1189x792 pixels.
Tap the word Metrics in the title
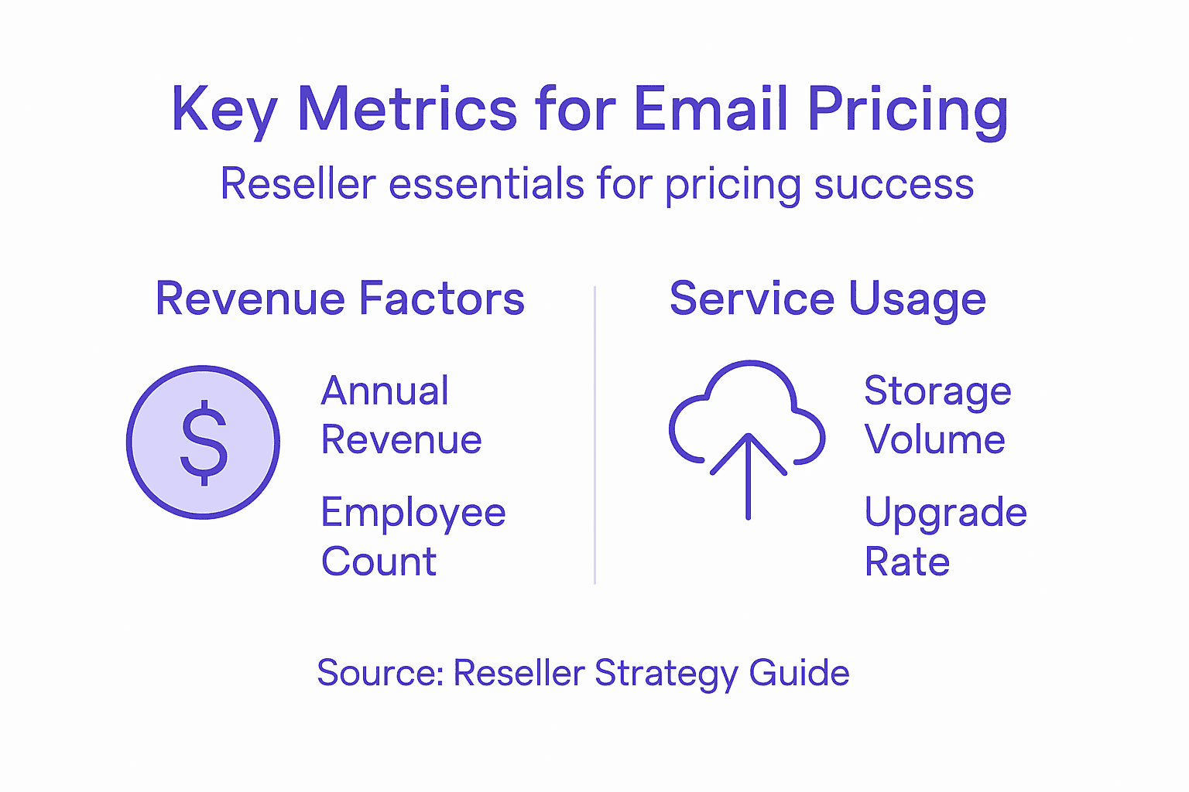click(407, 108)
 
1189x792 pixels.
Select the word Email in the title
click(711, 108)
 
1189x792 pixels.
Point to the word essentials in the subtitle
click(486, 184)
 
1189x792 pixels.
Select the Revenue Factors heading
click(340, 299)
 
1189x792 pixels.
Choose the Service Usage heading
click(828, 299)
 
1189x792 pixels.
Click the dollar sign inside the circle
click(204, 442)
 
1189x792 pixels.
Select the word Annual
click(385, 391)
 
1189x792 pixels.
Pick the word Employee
click(413, 514)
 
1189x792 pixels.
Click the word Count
click(379, 562)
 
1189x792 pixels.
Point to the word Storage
click(937, 391)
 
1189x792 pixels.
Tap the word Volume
click(934, 439)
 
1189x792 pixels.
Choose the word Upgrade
click(945, 514)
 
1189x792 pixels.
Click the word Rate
click(906, 562)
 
